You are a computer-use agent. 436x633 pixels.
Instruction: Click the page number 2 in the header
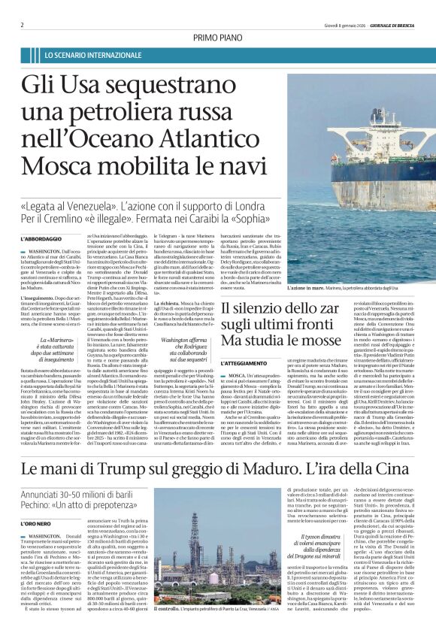[x=22, y=25]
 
